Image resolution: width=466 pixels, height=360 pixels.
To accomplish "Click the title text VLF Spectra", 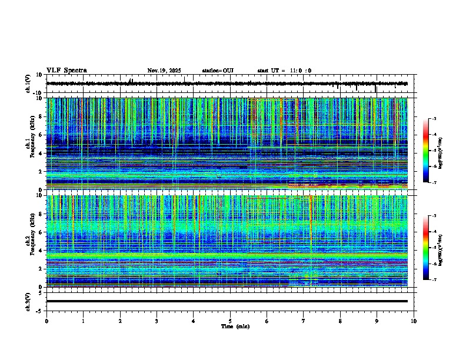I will [x=66, y=71].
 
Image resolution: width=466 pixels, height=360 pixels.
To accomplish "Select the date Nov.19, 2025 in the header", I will [x=164, y=71].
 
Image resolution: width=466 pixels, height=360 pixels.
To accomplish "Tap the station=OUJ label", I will [x=218, y=71].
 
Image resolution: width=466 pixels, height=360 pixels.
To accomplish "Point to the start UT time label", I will [x=284, y=71].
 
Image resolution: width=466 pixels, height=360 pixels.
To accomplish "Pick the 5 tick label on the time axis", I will [x=230, y=321].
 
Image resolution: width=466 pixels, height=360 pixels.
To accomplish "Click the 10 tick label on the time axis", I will [x=414, y=321].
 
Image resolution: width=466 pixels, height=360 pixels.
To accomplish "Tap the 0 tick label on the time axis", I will [x=46, y=321].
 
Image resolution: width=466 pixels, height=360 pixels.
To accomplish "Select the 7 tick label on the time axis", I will [x=304, y=321].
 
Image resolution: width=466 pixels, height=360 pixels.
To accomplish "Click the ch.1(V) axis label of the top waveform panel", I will [x=28, y=84].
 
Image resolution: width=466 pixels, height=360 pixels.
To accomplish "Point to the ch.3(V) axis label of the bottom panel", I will [x=28, y=301].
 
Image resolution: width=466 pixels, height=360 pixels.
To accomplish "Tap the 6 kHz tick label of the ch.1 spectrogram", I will [x=41, y=135].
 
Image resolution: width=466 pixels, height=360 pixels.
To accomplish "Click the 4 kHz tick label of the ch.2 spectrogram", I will [x=41, y=251].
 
